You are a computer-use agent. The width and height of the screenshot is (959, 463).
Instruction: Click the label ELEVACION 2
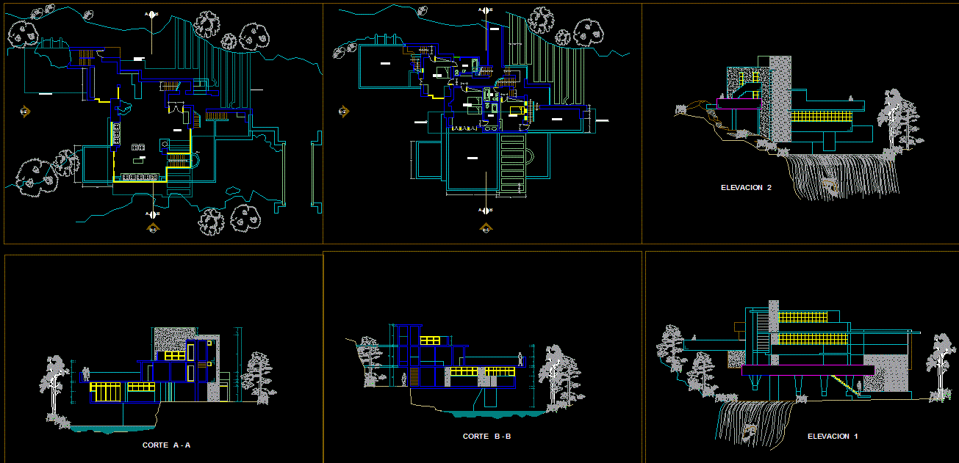click(x=746, y=188)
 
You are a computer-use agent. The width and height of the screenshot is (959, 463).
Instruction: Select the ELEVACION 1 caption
click(x=833, y=437)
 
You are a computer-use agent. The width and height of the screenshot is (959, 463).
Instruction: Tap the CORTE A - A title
click(x=166, y=445)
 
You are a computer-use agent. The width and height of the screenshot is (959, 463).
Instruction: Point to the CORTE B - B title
click(x=486, y=437)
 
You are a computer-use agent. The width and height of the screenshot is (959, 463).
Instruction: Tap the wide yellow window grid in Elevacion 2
click(x=816, y=116)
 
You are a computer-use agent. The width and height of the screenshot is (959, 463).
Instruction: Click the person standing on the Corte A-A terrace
click(x=85, y=373)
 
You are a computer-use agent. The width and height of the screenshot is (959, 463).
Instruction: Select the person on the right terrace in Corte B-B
click(x=521, y=360)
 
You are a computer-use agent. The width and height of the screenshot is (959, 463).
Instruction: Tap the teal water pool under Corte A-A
click(x=110, y=428)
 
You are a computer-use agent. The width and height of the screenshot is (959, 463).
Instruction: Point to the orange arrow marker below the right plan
click(x=485, y=228)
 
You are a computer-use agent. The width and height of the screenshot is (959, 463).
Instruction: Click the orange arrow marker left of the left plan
click(x=24, y=112)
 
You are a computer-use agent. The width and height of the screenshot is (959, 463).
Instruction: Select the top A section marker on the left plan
click(x=151, y=14)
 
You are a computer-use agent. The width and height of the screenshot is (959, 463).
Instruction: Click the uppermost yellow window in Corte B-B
click(x=430, y=339)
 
